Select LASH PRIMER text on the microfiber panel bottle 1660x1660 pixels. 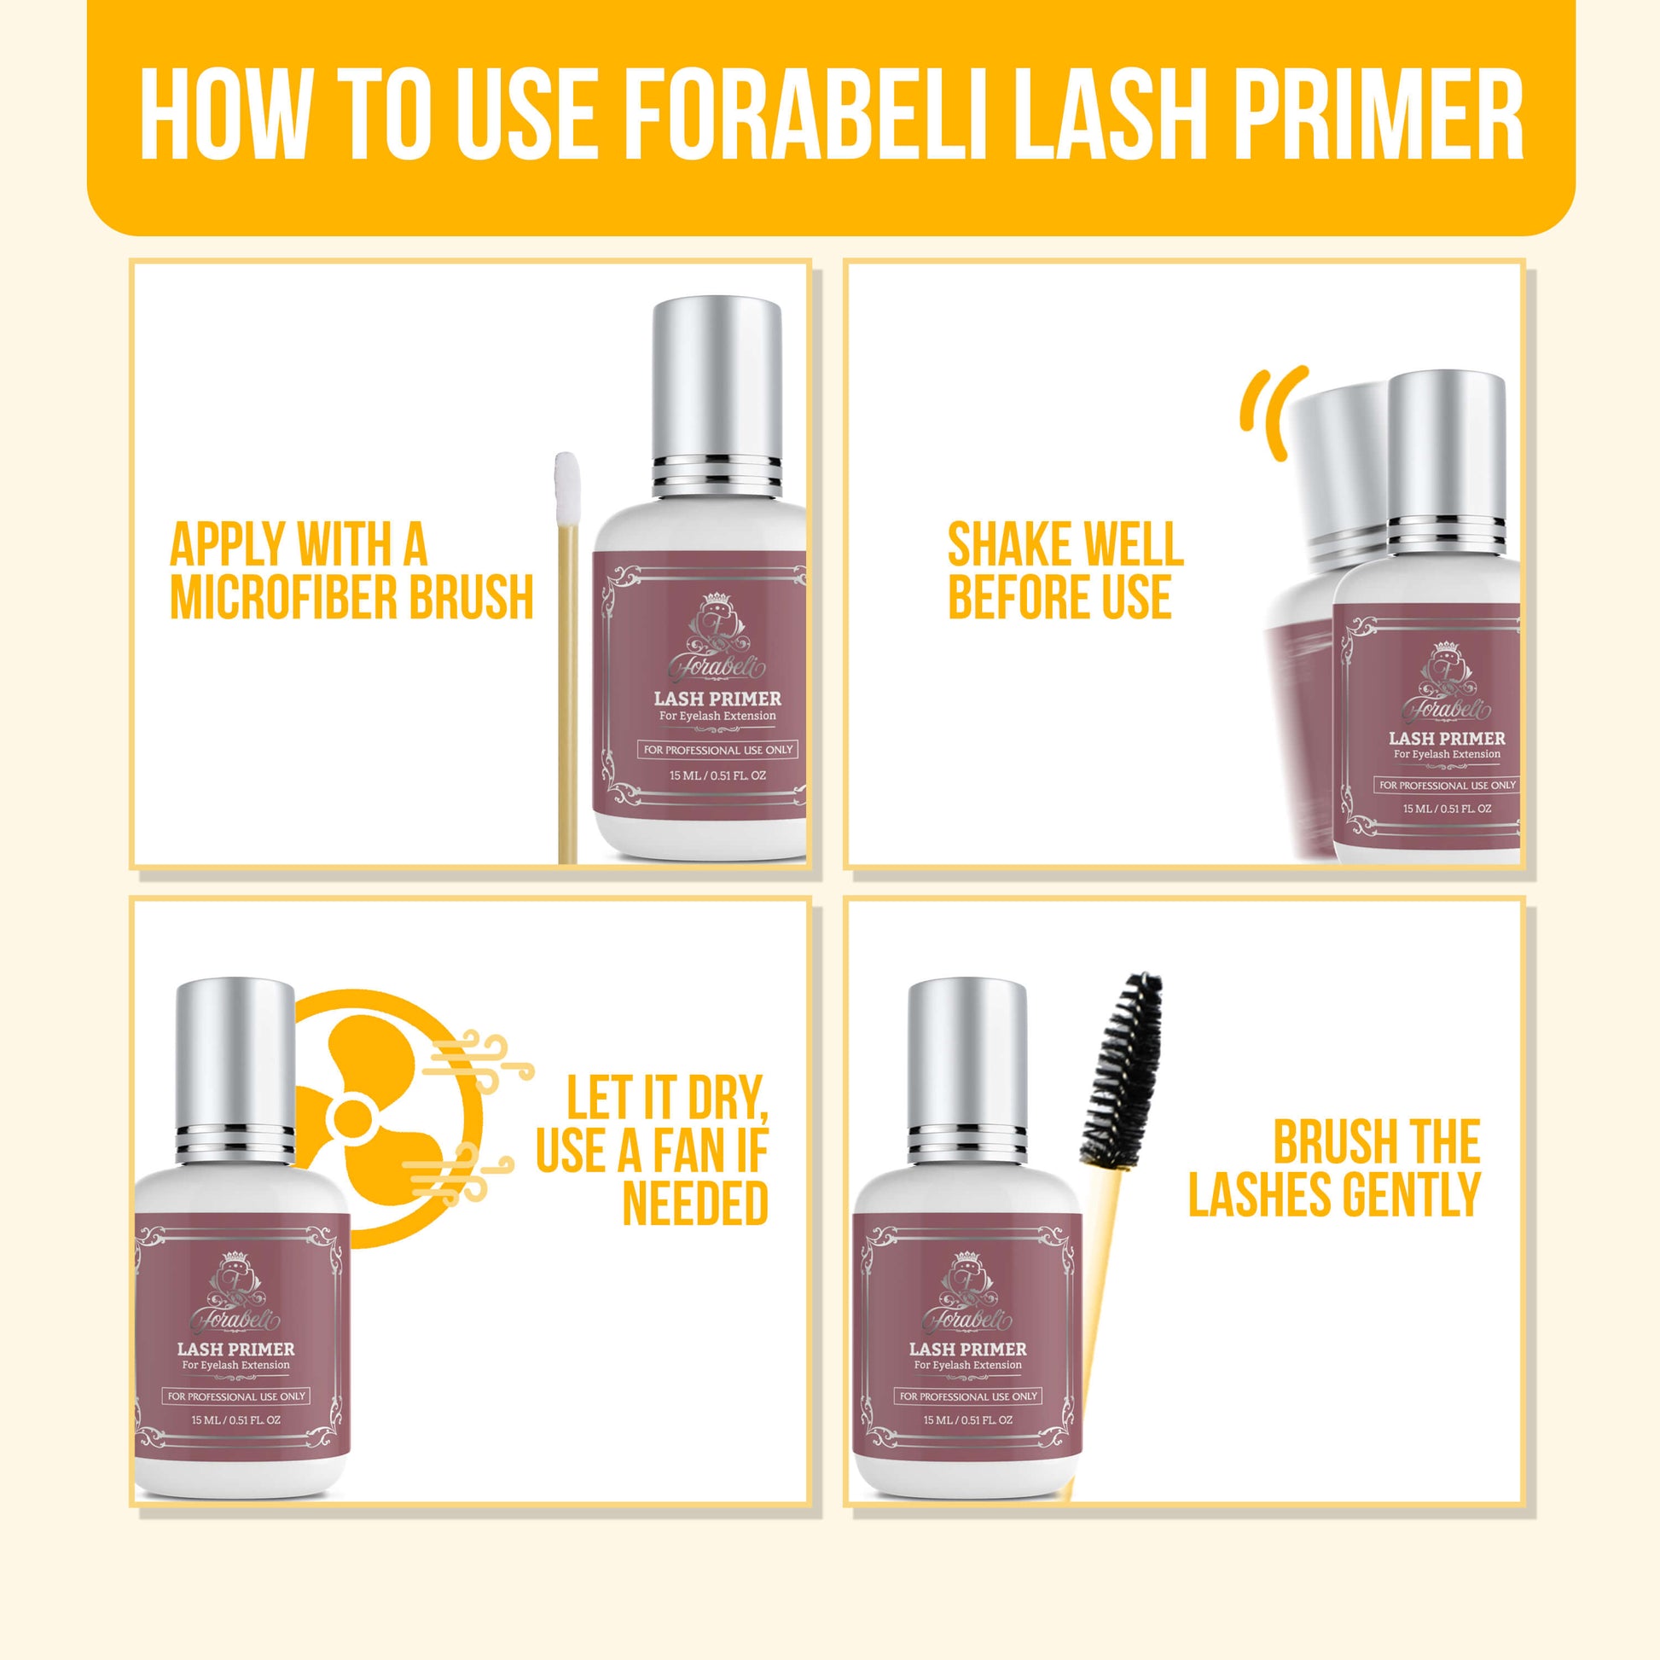[717, 698]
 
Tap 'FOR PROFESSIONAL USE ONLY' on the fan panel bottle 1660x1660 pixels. [236, 1396]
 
